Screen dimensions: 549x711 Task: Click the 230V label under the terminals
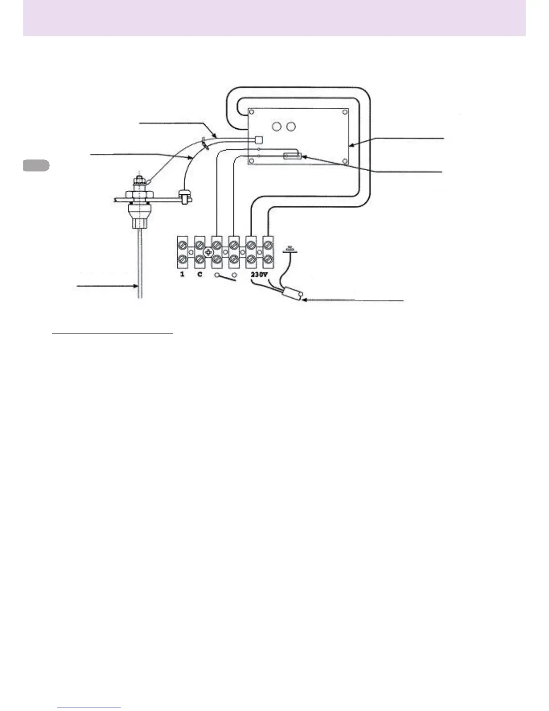259,274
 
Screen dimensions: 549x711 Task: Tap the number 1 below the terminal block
182,274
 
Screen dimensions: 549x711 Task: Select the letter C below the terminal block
200,274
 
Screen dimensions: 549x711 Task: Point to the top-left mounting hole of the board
253,112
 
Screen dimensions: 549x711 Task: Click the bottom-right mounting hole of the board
344,160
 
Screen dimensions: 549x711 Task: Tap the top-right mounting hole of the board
344,112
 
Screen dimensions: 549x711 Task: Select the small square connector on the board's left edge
257,139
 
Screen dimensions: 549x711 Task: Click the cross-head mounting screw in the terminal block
208,252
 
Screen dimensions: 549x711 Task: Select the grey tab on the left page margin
36,165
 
